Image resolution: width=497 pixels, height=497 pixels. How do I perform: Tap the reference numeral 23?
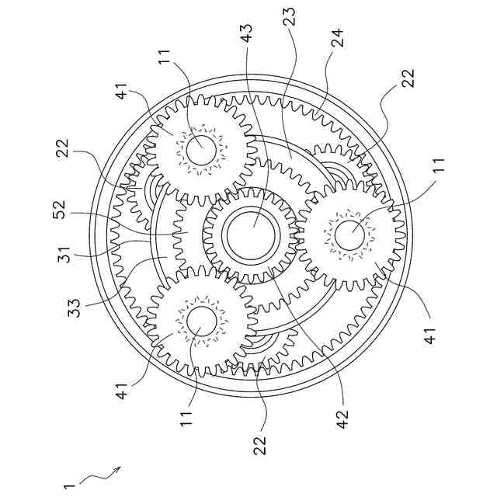pos(289,16)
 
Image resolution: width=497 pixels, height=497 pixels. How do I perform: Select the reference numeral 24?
pos(336,38)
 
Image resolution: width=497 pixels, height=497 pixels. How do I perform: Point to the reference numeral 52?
pos(60,210)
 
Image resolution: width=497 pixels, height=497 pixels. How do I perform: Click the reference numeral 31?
pos(64,254)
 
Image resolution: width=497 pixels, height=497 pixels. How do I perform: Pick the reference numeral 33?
pos(75,308)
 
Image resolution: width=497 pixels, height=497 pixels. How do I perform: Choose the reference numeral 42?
pos(342,419)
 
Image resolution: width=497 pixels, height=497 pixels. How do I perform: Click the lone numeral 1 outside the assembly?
pos(69,487)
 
